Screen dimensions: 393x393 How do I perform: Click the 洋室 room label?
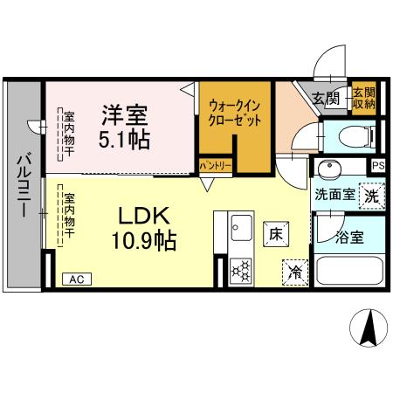(x=124, y=114)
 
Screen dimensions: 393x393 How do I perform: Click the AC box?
(x=76, y=279)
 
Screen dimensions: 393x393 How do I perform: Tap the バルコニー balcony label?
(x=23, y=187)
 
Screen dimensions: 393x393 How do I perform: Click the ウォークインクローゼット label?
(x=234, y=114)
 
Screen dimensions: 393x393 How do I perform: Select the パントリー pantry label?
(x=215, y=165)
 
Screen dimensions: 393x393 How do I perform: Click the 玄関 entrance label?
(x=326, y=100)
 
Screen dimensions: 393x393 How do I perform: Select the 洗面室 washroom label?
(x=334, y=196)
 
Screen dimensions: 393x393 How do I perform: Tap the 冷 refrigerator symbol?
(x=295, y=272)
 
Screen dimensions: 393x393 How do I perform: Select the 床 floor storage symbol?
(x=274, y=233)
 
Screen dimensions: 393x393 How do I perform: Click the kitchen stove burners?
(x=240, y=272)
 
